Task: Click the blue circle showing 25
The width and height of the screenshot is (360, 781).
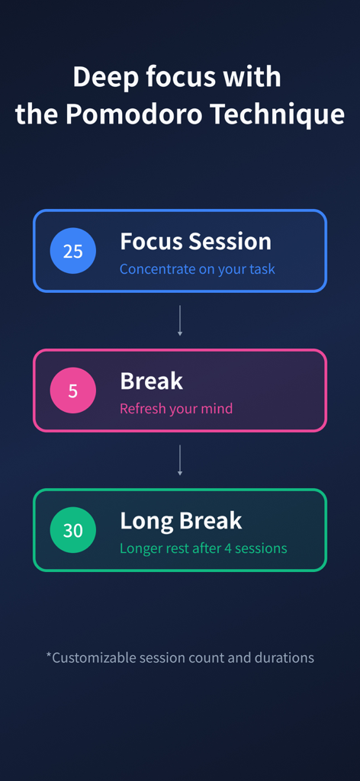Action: pos(72,250)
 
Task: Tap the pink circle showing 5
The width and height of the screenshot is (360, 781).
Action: pos(72,390)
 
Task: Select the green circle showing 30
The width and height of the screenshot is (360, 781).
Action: pos(72,530)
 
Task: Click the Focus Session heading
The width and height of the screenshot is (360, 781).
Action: pos(196,242)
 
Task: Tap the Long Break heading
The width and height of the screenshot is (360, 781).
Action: pos(181,521)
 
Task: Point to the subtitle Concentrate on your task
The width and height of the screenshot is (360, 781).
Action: pos(198,269)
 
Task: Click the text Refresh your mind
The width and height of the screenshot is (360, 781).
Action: pos(176,409)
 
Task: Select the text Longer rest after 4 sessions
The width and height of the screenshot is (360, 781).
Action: pos(203,548)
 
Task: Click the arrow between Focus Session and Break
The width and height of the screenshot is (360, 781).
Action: pos(180,321)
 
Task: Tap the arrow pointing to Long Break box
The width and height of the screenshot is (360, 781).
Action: pos(180,460)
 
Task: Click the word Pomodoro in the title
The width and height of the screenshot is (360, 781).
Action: pos(134,114)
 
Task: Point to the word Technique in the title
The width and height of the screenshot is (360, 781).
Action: pos(278,114)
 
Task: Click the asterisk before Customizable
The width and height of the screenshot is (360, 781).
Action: pos(49,654)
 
